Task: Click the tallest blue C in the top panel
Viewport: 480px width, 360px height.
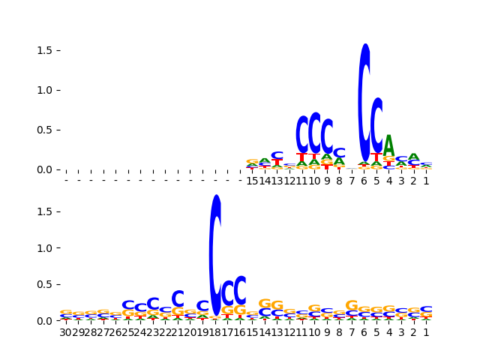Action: [364, 92]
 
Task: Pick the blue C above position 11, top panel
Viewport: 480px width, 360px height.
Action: [302, 134]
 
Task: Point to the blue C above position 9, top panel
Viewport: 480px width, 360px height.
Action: [327, 136]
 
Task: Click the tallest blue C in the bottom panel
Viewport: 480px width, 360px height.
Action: [215, 255]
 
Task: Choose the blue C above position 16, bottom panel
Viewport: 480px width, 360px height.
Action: [240, 289]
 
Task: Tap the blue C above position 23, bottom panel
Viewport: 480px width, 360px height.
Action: [153, 304]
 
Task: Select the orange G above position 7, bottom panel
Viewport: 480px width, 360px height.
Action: [352, 305]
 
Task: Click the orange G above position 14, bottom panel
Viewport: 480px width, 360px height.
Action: [265, 303]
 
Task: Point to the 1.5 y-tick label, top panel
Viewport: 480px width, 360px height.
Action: [43, 50]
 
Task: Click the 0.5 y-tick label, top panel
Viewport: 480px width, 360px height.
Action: [43, 130]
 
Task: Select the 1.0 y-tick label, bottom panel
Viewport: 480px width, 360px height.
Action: [43, 248]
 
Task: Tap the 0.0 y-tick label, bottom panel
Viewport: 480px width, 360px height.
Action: [43, 321]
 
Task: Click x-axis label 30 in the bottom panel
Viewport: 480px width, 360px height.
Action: [66, 332]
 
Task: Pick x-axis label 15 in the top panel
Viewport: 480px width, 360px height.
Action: [253, 181]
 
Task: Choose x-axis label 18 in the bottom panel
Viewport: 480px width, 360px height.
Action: [215, 332]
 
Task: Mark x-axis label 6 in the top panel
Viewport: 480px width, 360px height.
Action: [364, 181]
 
